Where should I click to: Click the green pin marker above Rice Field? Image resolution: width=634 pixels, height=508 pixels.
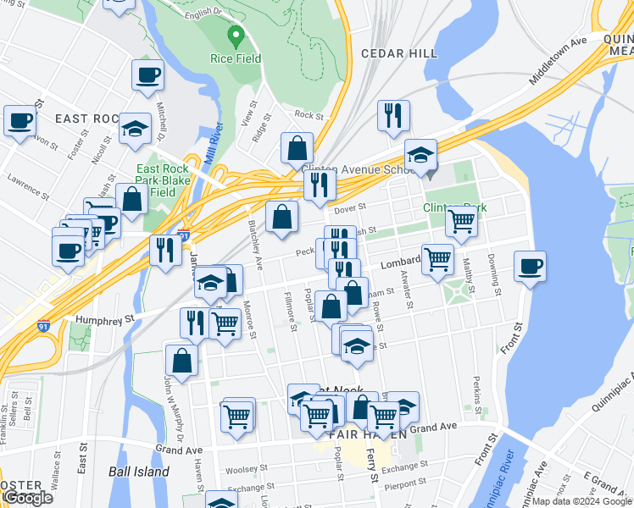236,36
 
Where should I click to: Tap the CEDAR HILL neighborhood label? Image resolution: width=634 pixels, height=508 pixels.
399,53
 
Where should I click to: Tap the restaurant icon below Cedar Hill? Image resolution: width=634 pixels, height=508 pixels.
393,116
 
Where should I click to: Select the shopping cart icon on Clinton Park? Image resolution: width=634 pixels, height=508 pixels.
461,221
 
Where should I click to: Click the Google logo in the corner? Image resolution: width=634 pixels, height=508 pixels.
29,498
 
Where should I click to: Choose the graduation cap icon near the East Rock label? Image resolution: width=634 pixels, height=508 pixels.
135,129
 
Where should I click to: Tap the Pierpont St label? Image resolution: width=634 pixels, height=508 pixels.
403,483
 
